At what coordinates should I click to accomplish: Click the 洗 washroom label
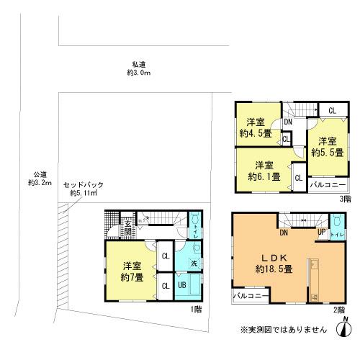tap(196, 262)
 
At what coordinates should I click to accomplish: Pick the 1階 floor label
tap(197, 309)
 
